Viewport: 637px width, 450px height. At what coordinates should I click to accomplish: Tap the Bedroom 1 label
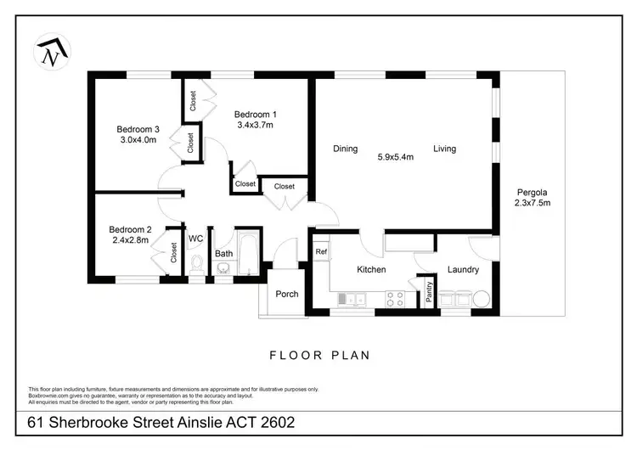(255, 115)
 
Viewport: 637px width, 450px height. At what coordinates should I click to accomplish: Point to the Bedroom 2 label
(130, 229)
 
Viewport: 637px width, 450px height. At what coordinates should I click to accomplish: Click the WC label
(195, 239)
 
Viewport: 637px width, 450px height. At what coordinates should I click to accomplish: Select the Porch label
(287, 294)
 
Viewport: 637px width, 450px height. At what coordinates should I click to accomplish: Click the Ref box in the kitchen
(321, 252)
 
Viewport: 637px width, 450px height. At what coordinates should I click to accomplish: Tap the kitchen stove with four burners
(396, 298)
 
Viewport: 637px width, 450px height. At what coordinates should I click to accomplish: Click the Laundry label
(464, 270)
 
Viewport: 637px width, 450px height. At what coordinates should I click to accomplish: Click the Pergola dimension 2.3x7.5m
(533, 203)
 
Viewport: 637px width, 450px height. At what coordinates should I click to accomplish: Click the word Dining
(345, 149)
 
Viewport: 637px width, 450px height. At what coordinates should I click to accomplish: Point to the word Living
(444, 149)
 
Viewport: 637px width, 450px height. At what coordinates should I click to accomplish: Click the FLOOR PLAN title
(319, 356)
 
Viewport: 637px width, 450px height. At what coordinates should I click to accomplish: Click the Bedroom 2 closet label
(173, 252)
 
